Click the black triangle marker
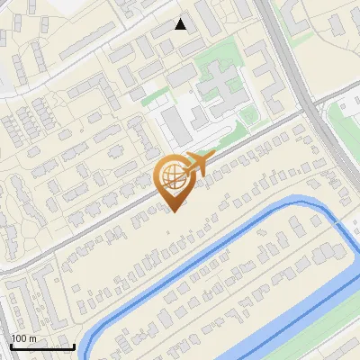(x=181, y=24)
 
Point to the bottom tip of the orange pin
(x=172, y=211)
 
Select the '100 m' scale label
(x=23, y=338)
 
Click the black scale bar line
(x=41, y=346)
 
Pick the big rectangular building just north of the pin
(x=175, y=125)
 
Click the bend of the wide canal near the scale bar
(x=90, y=343)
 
